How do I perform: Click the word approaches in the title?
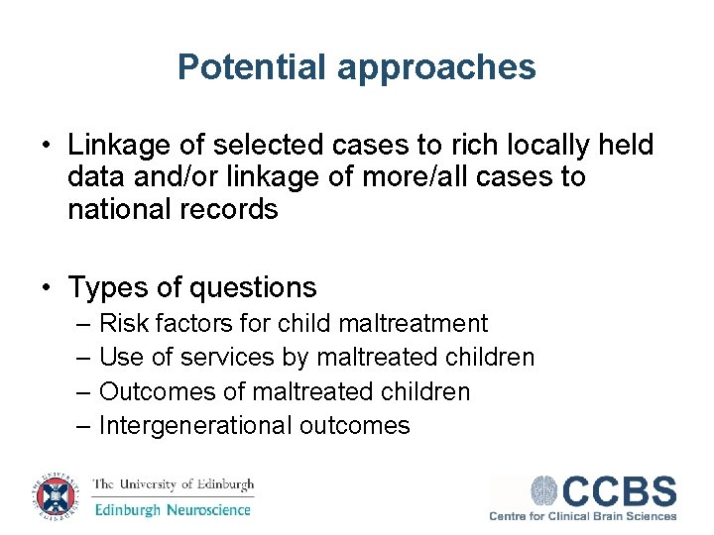(x=436, y=68)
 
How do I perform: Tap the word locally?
(x=536, y=146)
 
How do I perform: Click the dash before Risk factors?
(x=82, y=323)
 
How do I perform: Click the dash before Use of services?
(x=82, y=358)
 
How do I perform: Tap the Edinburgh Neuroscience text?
(x=174, y=510)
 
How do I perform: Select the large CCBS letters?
(x=620, y=491)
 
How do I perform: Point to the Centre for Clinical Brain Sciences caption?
(x=583, y=515)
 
